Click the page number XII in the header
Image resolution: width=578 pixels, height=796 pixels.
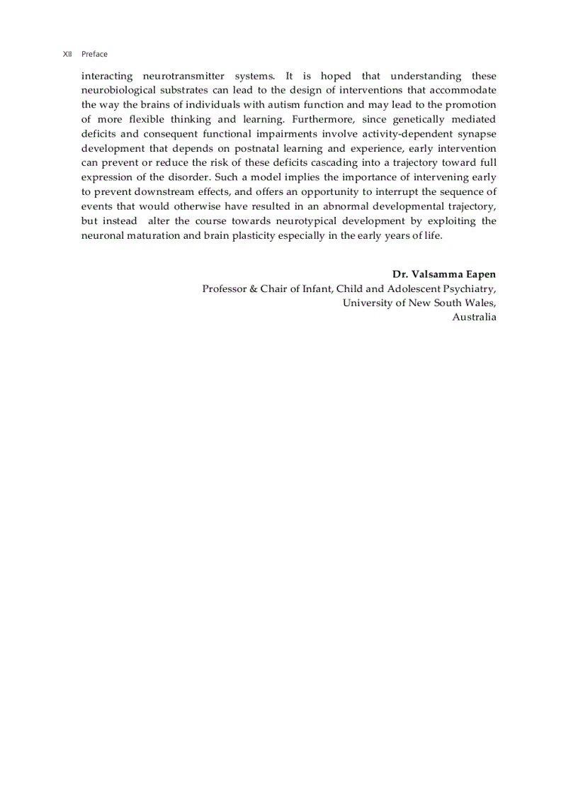[67, 54]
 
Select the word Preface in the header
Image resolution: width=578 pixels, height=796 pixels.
[94, 54]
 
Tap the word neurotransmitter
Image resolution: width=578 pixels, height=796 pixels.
[183, 76]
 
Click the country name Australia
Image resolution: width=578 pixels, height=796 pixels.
[474, 317]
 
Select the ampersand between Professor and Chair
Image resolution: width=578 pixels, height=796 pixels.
[253, 288]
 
